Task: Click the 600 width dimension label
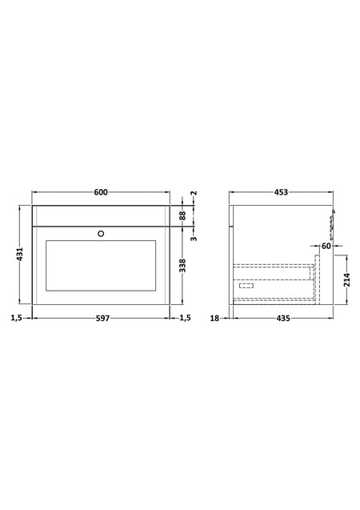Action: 101,192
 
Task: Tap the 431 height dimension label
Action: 20,255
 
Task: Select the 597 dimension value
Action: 102,318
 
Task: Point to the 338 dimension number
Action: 182,266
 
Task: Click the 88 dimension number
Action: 182,215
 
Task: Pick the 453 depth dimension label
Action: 281,192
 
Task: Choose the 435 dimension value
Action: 283,318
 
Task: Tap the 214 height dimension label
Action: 347,279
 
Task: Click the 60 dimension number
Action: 326,247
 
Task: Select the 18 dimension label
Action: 214,318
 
